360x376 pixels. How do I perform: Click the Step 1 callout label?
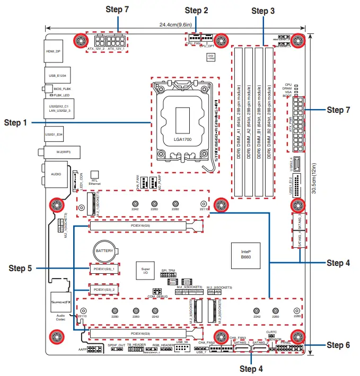point(15,123)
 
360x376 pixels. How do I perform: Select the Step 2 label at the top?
point(196,10)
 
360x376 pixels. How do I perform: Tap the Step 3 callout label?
point(263,10)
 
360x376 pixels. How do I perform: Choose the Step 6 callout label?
point(338,345)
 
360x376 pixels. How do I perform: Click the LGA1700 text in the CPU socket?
point(182,139)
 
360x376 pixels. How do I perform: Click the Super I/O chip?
point(146,271)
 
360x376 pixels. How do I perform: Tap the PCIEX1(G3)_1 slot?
point(104,269)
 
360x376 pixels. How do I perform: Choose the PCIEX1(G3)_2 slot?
point(104,290)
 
